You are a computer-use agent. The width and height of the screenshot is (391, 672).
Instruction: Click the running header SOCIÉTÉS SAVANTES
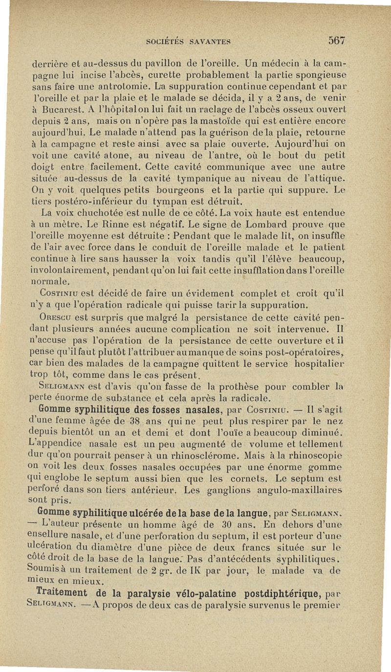(x=190, y=42)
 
